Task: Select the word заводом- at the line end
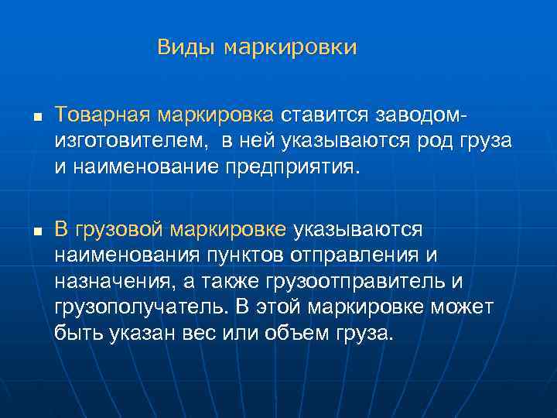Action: click(421, 115)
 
